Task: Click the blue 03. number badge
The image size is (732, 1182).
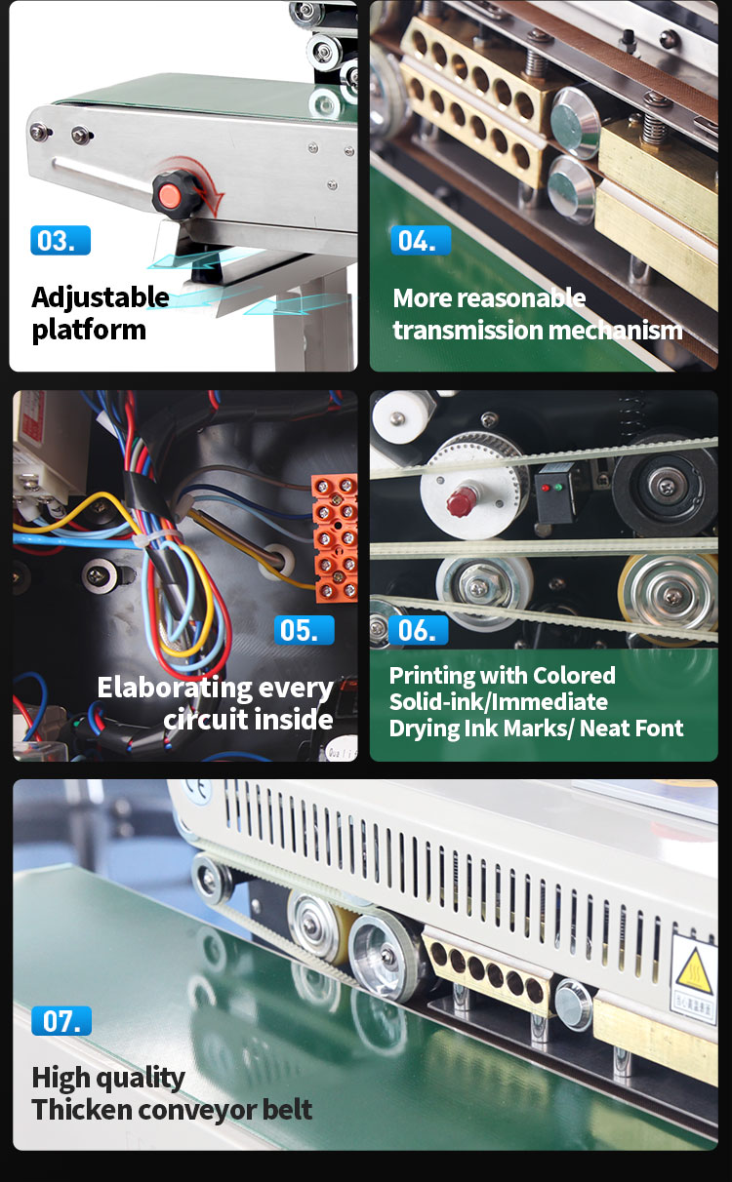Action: tap(61, 240)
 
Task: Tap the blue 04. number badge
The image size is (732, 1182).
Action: tap(421, 240)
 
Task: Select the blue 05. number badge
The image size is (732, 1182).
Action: tap(305, 630)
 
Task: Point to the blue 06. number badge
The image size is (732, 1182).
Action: tap(419, 630)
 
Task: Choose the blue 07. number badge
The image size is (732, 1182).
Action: tap(61, 1020)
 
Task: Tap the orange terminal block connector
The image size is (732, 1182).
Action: tap(335, 537)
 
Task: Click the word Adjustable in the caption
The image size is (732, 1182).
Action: tap(101, 298)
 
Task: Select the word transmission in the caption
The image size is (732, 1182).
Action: tap(467, 331)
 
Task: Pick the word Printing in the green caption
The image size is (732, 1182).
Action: tap(431, 677)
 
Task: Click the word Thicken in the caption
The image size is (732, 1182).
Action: tap(81, 1109)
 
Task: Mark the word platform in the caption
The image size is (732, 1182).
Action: tap(89, 331)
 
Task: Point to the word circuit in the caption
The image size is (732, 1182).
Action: tap(208, 720)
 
